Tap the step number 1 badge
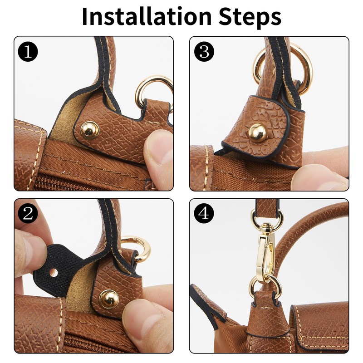[28, 52]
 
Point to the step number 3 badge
[204, 52]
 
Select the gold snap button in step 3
[257, 132]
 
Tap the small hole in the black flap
[54, 273]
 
